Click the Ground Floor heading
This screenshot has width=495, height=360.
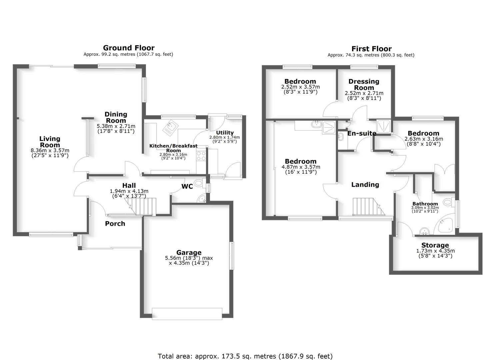(x=128, y=48)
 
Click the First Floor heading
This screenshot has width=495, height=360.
(x=371, y=49)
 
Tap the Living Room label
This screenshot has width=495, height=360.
(x=50, y=142)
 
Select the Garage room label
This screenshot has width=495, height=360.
(x=189, y=253)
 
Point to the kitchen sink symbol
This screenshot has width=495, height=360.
(x=171, y=128)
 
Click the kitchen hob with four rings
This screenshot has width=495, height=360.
(x=201, y=156)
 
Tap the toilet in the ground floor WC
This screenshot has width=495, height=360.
(x=199, y=183)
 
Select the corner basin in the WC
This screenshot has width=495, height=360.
(x=202, y=199)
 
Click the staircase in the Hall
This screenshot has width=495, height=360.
(x=145, y=206)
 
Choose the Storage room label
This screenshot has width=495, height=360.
(x=435, y=245)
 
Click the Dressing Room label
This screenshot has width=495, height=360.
(x=364, y=84)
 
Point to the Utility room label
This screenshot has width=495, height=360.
(x=225, y=133)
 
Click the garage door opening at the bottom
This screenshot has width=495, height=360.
(x=187, y=314)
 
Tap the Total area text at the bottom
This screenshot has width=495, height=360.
(x=245, y=356)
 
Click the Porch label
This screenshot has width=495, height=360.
(x=115, y=224)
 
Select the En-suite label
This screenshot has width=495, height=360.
(x=362, y=133)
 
